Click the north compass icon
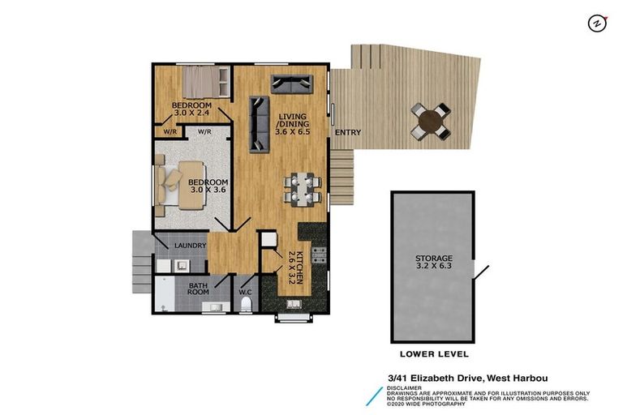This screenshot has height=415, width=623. pos(598,24)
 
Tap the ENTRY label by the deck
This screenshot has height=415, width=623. pos(347,133)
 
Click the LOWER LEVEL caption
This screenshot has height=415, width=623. pos(434,354)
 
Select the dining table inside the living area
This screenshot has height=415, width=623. pos(302,189)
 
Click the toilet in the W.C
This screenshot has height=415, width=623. pos(246,303)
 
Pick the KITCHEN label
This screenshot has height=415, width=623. pos(298,268)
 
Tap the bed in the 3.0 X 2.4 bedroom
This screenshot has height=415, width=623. pos(200,81)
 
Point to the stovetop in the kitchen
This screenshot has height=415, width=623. pos(318,258)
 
